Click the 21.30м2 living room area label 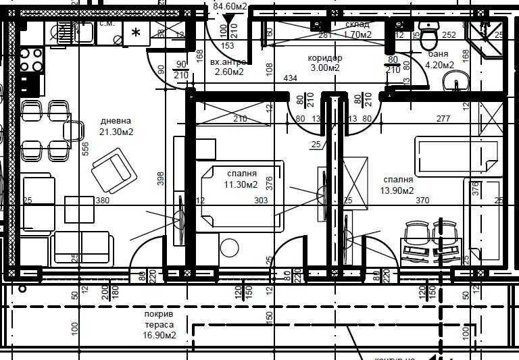[116, 132]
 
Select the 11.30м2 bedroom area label [241, 184]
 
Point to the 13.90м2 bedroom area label [397, 191]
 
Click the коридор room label [324, 57]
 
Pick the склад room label [357, 24]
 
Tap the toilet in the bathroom [429, 32]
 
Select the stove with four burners [31, 60]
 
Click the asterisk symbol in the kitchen [136, 33]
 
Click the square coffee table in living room [80, 209]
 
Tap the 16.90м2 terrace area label [159, 335]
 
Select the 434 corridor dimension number [290, 79]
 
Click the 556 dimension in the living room [86, 149]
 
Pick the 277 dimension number [443, 119]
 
